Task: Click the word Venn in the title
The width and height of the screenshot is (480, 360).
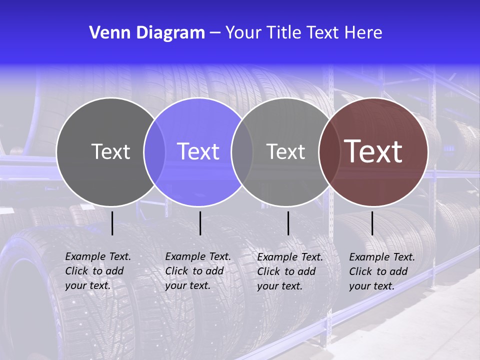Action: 106,33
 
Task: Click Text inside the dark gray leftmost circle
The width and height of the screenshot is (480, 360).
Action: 110,151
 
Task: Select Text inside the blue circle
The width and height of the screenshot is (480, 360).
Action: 198,151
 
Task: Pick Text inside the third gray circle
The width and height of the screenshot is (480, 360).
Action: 285,151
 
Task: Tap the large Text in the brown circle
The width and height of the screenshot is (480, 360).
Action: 373,151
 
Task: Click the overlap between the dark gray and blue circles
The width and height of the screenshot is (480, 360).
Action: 154,152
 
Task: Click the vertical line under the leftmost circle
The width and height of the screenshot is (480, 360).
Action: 112,223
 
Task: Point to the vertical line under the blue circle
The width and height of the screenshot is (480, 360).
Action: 200,223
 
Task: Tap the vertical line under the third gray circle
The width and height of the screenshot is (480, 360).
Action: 288,223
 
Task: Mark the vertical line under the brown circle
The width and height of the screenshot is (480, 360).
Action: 372,223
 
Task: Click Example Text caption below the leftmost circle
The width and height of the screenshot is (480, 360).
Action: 98,256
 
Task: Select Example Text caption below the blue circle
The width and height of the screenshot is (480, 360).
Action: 198,256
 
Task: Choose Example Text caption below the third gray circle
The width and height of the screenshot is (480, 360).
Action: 290,257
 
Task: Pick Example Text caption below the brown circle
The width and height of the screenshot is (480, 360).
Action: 382,257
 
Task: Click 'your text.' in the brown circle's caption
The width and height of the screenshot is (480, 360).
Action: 371,286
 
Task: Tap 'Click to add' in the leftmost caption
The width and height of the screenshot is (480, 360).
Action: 94,271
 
